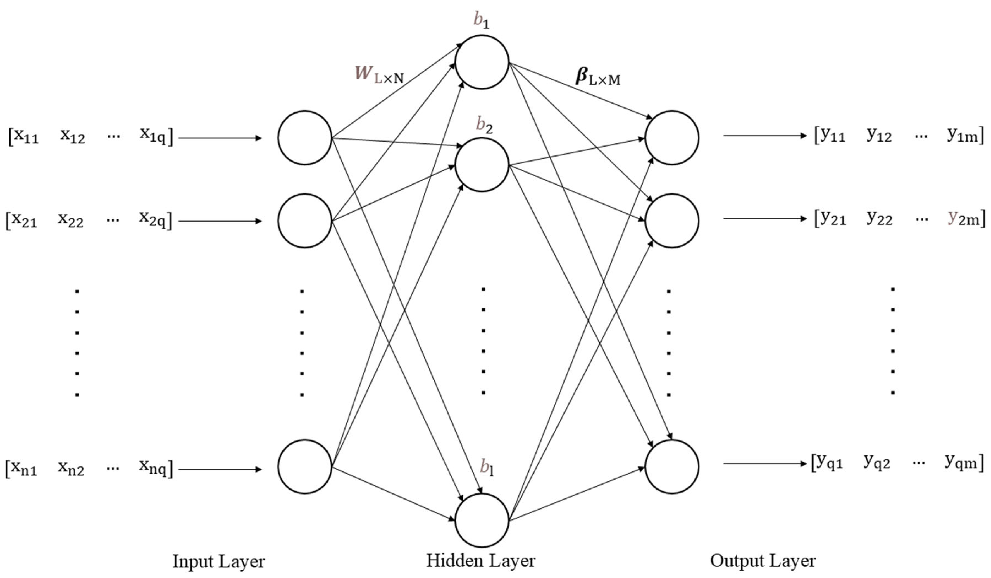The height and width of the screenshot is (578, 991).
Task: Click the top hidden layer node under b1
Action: (482, 62)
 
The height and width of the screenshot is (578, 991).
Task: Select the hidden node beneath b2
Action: (482, 165)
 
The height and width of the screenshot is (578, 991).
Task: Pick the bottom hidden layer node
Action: (482, 520)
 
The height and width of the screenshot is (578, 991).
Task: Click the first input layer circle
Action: (305, 138)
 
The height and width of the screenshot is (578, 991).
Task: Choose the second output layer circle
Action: (672, 220)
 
